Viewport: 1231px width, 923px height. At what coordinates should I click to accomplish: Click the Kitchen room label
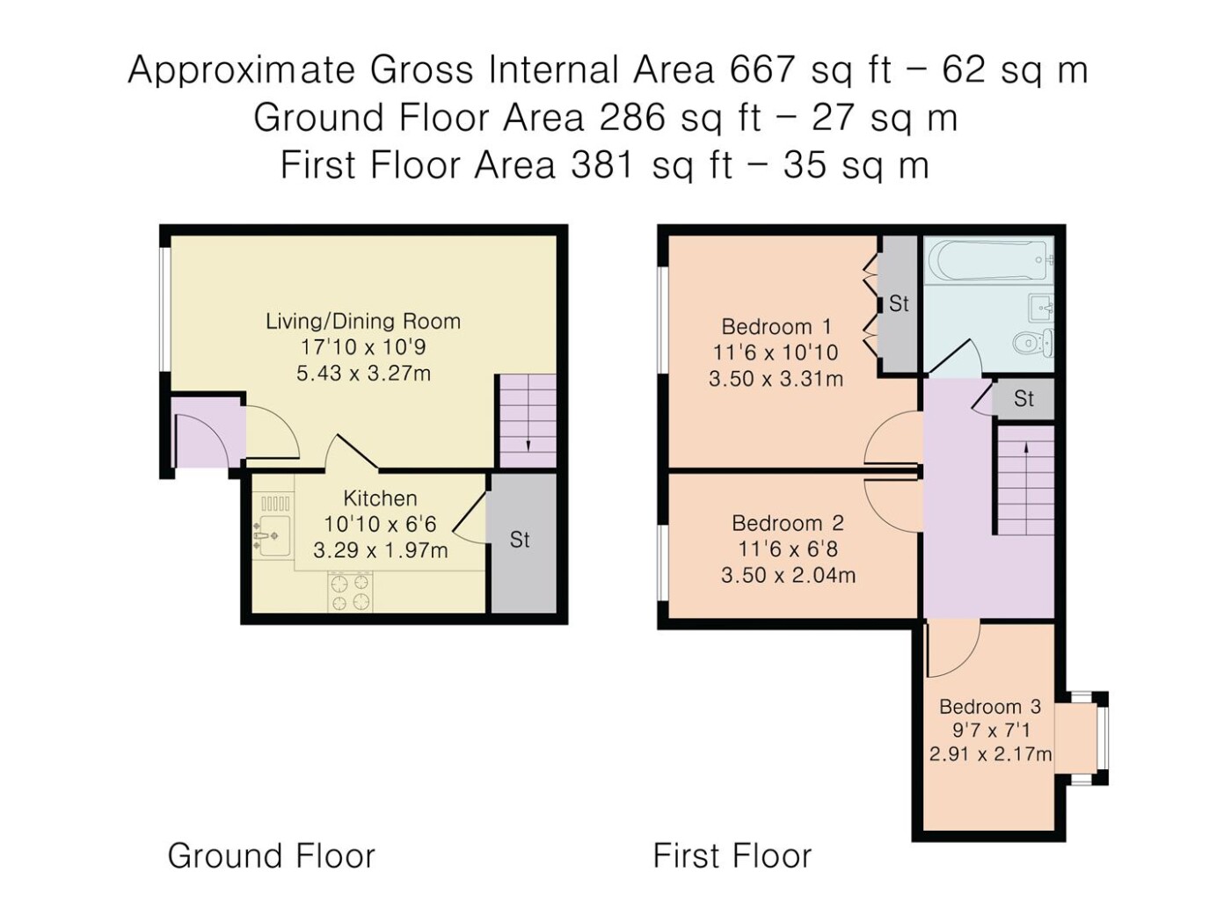click(380, 498)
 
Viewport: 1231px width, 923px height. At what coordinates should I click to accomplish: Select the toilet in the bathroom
click(1034, 342)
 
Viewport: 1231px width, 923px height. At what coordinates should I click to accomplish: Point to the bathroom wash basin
click(1041, 308)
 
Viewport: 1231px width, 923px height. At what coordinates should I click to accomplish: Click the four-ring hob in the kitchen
click(351, 592)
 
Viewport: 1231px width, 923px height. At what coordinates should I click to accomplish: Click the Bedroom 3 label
click(990, 707)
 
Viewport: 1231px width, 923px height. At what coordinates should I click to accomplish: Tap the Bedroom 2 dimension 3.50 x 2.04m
click(788, 576)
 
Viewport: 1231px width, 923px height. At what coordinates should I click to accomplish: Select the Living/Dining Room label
click(363, 322)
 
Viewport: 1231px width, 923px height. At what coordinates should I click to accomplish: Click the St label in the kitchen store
click(520, 540)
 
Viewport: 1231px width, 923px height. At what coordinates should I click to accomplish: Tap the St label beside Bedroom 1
click(899, 304)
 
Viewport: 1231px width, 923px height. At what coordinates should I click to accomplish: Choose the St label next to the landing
click(1023, 399)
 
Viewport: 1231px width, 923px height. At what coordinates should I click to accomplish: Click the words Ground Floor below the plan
click(272, 855)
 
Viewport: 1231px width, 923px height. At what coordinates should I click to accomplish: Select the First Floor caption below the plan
click(732, 855)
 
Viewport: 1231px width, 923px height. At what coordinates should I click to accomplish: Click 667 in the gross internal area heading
click(762, 69)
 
